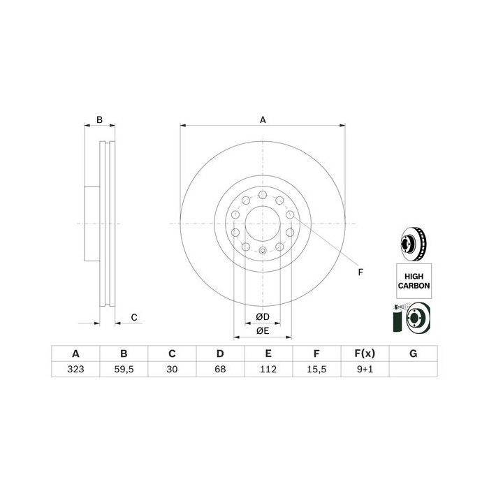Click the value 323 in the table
[75, 370]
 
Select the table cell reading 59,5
[124, 370]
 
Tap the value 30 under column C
[171, 370]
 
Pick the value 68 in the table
[219, 370]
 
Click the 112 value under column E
[268, 370]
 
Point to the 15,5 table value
[316, 370]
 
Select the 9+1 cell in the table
[364, 370]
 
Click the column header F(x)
[364, 353]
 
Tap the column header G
[413, 353]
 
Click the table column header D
[219, 353]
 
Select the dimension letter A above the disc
[263, 120]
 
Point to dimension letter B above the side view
[99, 120]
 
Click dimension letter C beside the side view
[134, 318]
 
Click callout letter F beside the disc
[360, 272]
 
